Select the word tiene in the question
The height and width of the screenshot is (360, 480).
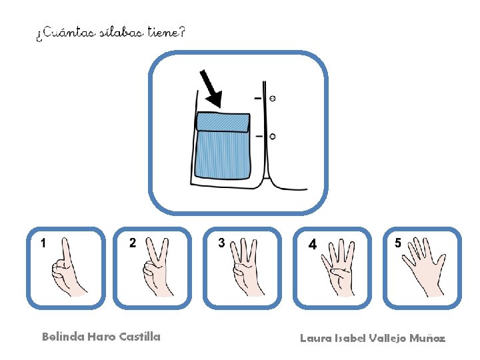pos(163,31)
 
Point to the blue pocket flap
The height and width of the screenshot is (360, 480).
pos(223,122)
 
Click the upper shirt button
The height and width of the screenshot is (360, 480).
pos(272,98)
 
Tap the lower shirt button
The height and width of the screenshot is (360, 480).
pos(272,136)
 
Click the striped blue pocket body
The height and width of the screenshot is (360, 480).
pos(223,155)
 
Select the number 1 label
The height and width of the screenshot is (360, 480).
pos(43,243)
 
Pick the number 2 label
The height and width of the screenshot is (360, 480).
pos(133,243)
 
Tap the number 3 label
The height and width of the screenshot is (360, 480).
pos(221,243)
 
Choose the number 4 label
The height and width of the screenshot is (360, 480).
pos(312,244)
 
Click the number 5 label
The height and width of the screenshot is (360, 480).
pos(397,243)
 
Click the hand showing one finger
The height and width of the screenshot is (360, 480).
pos(68,268)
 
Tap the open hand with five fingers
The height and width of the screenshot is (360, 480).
pos(424,267)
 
